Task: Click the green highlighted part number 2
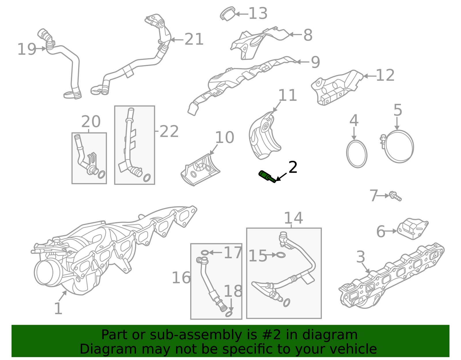[267, 176]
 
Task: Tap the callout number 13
[258, 14]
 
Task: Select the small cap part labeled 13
[228, 14]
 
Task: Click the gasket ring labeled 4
[357, 154]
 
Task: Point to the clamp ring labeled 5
[399, 146]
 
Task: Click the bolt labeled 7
[395, 196]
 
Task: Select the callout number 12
[385, 76]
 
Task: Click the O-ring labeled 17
[205, 253]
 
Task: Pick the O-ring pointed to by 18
[229, 314]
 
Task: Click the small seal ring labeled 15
[281, 255]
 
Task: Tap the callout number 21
[194, 39]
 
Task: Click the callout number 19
[27, 49]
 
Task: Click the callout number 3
[360, 257]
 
